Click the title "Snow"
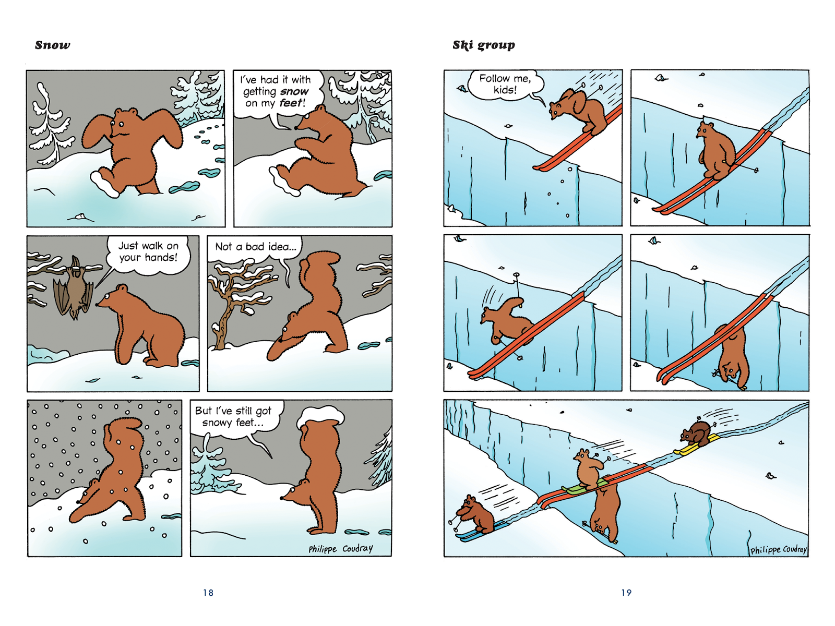[x=53, y=45]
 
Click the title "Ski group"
[x=483, y=45]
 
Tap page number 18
[x=208, y=593]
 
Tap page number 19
[x=626, y=593]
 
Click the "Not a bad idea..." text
[x=256, y=247]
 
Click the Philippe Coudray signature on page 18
[x=340, y=549]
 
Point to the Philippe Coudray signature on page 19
[x=778, y=550]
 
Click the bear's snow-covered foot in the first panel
[x=104, y=184]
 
